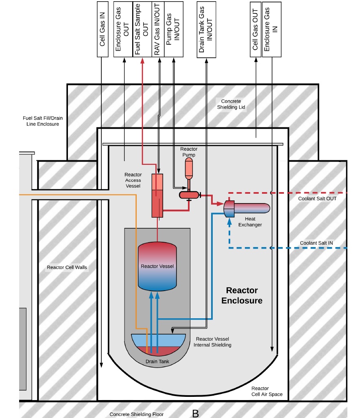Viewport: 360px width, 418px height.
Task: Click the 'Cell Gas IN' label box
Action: click(102, 29)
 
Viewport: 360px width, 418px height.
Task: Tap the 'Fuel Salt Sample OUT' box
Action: click(142, 29)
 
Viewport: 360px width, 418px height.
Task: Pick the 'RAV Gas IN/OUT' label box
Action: click(159, 29)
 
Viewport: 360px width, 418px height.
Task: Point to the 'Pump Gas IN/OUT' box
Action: click(174, 29)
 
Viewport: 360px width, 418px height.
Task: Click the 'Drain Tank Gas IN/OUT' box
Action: click(206, 29)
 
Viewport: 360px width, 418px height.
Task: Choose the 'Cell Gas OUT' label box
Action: click(255, 29)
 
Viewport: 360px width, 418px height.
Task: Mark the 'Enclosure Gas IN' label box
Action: click(271, 29)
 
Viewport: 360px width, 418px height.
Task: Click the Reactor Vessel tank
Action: click(157, 267)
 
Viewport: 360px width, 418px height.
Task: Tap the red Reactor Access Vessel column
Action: click(157, 195)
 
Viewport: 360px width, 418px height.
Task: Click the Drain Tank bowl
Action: click(158, 344)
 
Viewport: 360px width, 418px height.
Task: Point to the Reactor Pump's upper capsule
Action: click(189, 168)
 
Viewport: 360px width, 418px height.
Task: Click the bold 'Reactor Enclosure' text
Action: click(242, 295)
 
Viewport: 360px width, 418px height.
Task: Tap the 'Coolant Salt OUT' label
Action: click(317, 199)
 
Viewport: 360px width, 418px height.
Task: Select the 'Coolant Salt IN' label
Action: click(316, 243)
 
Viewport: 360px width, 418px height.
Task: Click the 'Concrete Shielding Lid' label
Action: click(231, 104)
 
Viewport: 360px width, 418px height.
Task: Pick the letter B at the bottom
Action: click(195, 413)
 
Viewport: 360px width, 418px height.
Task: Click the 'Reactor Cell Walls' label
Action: click(67, 267)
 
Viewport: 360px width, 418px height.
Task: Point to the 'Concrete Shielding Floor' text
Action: click(136, 414)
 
